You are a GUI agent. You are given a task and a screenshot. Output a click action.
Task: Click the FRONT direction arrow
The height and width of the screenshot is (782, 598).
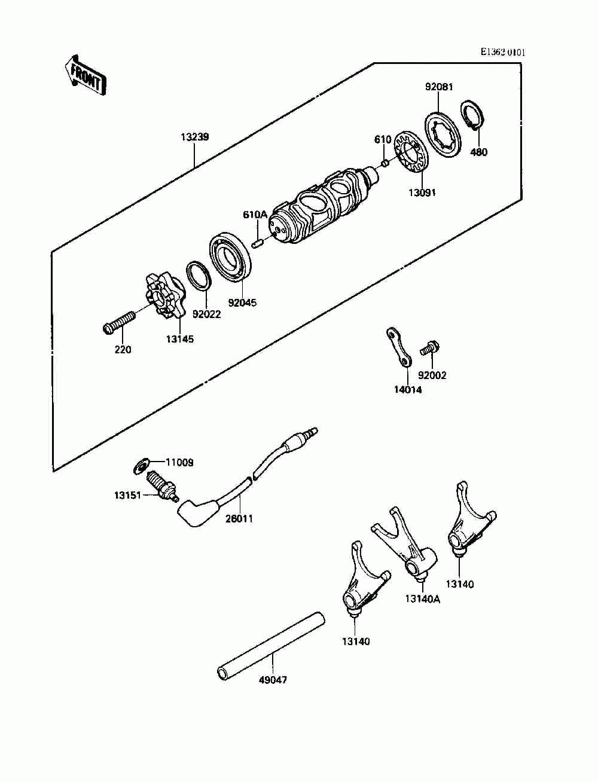click(x=86, y=75)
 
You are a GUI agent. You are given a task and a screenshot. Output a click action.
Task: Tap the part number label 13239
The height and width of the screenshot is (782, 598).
click(x=194, y=137)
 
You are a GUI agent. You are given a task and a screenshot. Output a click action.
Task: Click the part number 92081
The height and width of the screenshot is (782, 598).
click(x=439, y=87)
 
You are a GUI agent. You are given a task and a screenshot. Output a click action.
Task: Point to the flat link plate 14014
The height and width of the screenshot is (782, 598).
click(x=398, y=347)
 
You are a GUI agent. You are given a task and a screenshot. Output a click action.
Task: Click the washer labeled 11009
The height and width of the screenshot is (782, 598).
click(x=141, y=463)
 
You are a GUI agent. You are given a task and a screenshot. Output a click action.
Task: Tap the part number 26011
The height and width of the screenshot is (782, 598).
click(x=239, y=518)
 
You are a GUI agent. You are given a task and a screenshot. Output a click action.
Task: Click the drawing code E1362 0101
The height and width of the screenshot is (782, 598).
click(x=503, y=53)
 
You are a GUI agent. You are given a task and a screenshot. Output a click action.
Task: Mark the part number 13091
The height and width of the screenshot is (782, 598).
click(x=422, y=193)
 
